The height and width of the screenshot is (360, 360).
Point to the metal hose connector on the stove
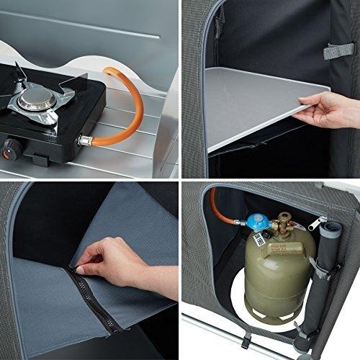click(x=85, y=138)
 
